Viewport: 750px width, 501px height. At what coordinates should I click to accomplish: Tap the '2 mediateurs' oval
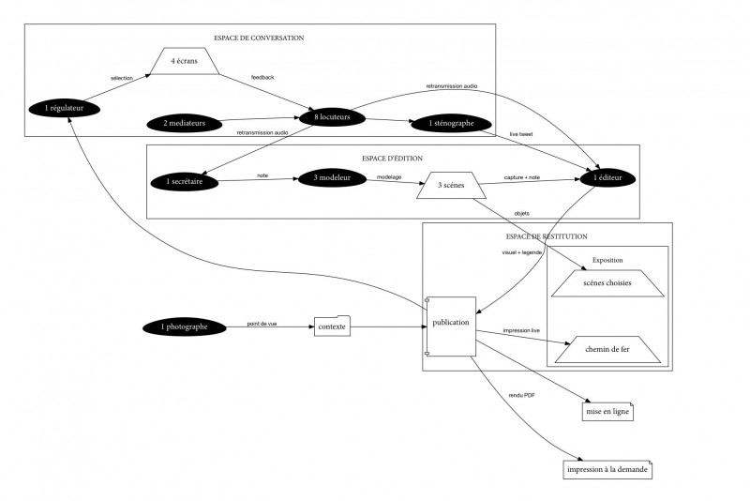[190, 122]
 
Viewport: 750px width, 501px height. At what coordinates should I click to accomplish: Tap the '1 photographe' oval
[187, 326]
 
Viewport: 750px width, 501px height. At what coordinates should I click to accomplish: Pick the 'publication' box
[452, 324]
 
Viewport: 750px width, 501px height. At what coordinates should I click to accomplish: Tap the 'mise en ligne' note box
[608, 411]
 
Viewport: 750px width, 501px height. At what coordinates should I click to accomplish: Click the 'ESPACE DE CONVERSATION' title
[259, 38]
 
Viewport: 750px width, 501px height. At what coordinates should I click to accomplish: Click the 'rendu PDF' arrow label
[522, 395]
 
